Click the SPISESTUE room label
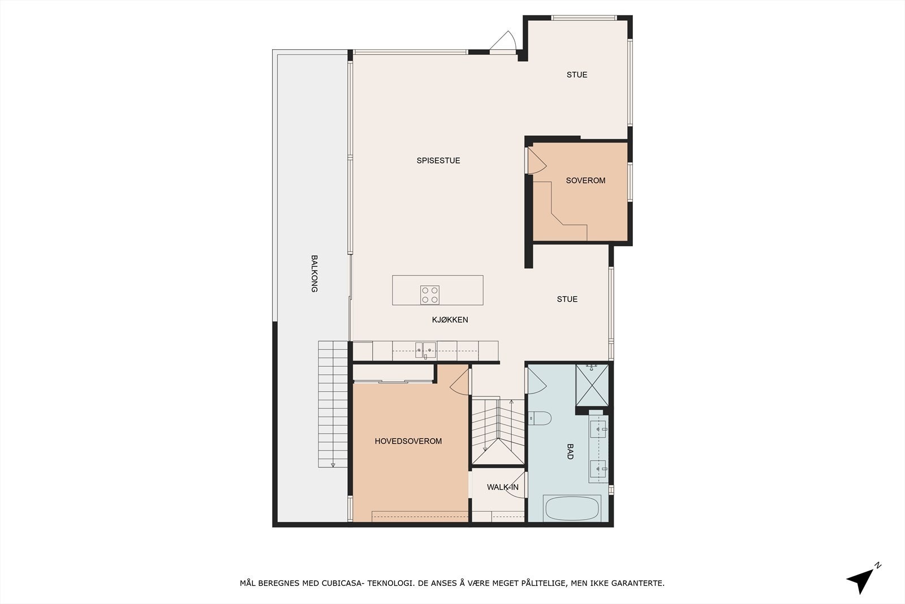(438, 161)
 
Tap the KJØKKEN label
(450, 320)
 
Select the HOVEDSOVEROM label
(408, 441)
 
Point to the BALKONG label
(314, 274)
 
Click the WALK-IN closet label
(503, 487)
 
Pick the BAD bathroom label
(570, 452)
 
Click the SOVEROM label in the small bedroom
(585, 181)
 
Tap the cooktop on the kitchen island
(429, 295)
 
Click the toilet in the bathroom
(540, 418)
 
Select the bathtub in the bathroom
(572, 508)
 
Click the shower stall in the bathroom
(592, 385)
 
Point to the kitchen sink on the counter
(425, 350)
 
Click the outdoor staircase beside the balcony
(333, 404)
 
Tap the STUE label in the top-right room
(577, 75)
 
